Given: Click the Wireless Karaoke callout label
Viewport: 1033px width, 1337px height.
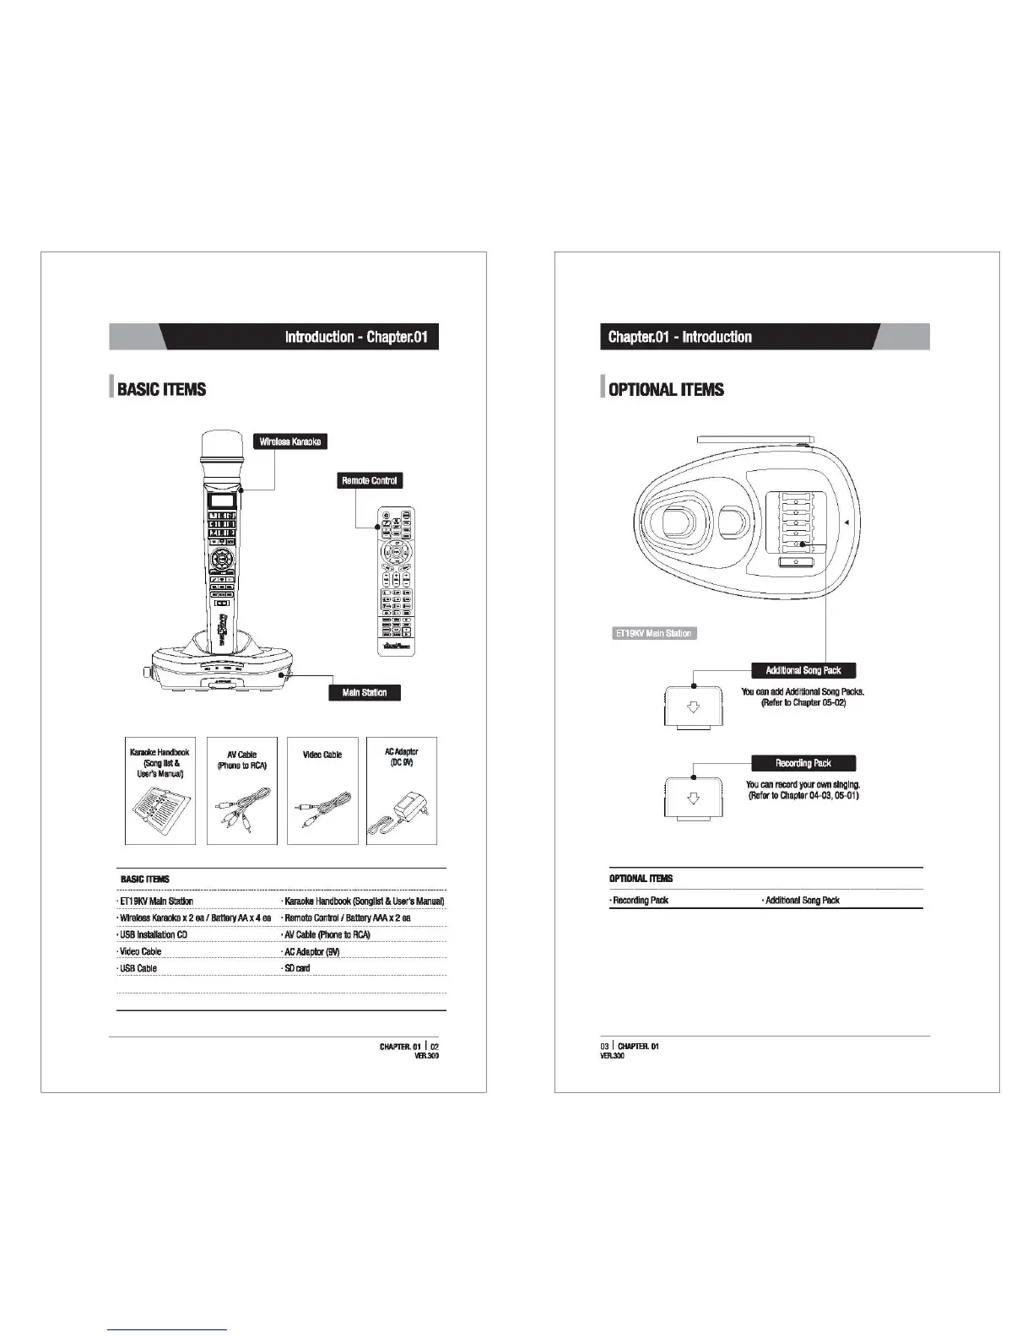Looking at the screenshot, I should [289, 441].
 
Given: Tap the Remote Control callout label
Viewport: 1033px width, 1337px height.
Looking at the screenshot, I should [369, 480].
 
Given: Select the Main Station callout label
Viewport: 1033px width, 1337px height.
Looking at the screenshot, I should [365, 692].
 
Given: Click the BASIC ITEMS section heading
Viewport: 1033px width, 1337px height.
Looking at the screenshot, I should [161, 389].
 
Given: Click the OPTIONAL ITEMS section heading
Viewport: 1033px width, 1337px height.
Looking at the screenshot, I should [666, 389].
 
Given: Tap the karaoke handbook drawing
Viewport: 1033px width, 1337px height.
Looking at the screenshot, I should [161, 811].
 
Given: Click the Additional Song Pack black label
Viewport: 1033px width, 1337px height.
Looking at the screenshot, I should [803, 670].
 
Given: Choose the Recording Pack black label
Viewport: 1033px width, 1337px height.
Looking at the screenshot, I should [803, 763].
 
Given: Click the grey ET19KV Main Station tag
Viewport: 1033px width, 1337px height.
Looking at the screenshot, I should [654, 633].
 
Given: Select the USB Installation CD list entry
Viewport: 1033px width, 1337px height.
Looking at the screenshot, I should [154, 934].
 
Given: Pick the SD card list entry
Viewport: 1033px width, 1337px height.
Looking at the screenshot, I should [297, 968].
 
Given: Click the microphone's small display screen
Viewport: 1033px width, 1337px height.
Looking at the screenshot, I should [222, 500].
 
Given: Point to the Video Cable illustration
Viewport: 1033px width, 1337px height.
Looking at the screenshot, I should [322, 811].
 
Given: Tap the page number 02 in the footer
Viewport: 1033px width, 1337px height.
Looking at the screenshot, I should [435, 1047].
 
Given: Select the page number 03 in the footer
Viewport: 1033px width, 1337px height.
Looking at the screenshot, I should [604, 1047].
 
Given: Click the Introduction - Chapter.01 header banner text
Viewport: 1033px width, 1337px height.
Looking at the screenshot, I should [356, 337].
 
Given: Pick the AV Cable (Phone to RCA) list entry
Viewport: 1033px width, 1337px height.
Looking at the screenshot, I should [327, 934].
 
